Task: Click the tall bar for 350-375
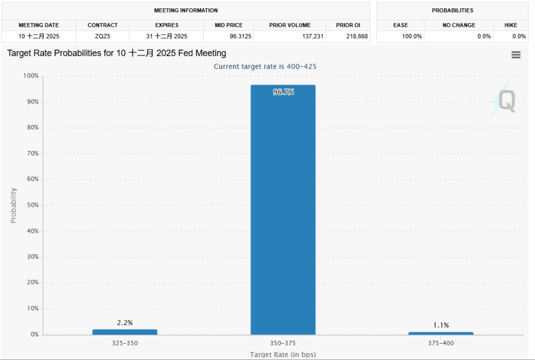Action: (283, 209)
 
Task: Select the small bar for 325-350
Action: (124, 332)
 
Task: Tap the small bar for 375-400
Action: (440, 333)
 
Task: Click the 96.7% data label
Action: (283, 92)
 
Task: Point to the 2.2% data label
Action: (125, 323)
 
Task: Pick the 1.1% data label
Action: (441, 325)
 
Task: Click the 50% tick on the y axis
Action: (32, 205)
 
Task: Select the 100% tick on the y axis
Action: (31, 76)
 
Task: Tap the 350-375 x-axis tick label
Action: (283, 343)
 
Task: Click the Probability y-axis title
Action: (14, 205)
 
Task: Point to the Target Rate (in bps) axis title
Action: (283, 354)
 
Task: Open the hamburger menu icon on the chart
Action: (516, 55)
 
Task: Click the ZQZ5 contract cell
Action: (102, 37)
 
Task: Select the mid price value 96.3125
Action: (228, 37)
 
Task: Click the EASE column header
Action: (400, 25)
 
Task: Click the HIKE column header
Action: (510, 25)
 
